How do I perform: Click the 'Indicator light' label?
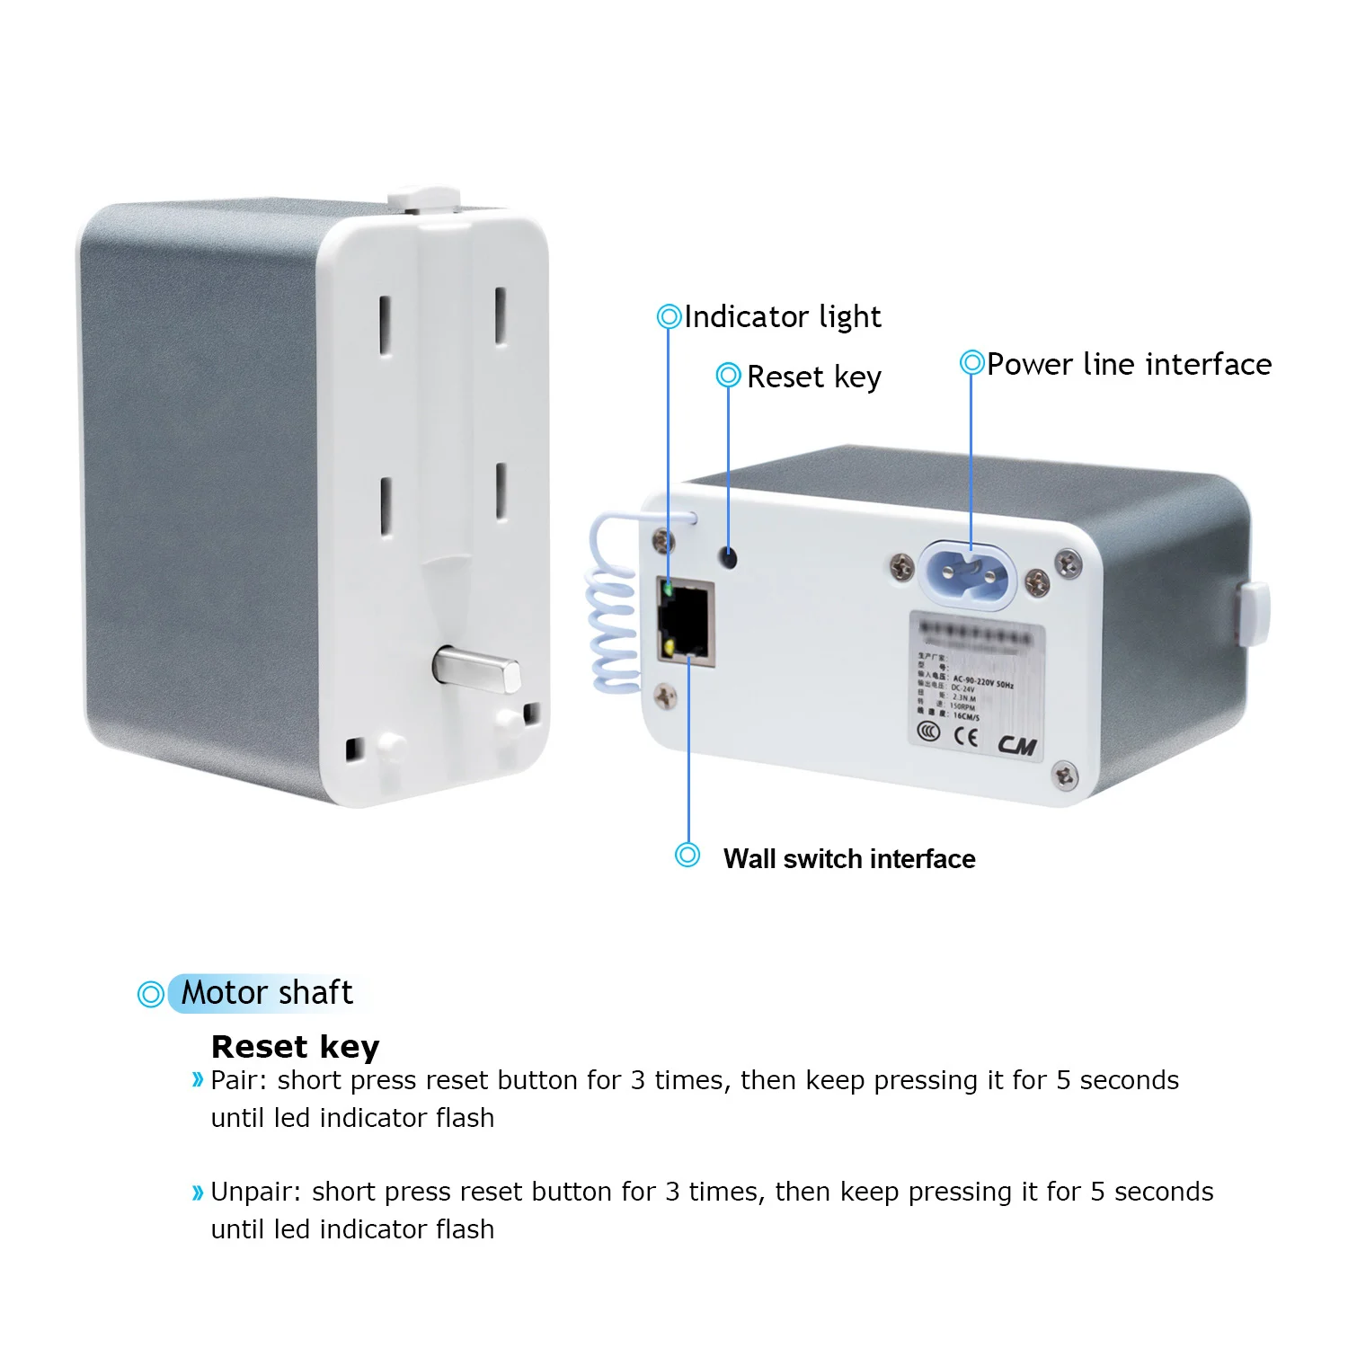tap(782, 317)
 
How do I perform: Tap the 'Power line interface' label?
tap(1129, 365)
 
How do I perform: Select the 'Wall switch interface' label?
tap(848, 859)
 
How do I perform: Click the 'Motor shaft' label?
tap(267, 993)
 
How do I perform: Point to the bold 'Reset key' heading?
tap(295, 1047)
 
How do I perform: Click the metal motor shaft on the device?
tap(476, 670)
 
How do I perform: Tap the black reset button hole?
tap(729, 557)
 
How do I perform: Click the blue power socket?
tap(966, 574)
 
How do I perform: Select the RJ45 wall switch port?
tap(687, 623)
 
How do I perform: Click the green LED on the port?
tap(667, 590)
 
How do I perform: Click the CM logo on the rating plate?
tap(1016, 745)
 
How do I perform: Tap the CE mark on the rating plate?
tap(966, 737)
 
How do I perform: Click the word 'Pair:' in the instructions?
tap(239, 1080)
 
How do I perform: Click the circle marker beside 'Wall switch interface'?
tap(687, 855)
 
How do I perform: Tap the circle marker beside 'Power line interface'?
tap(971, 362)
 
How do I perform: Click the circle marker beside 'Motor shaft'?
tap(150, 994)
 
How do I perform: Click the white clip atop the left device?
tap(423, 197)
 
